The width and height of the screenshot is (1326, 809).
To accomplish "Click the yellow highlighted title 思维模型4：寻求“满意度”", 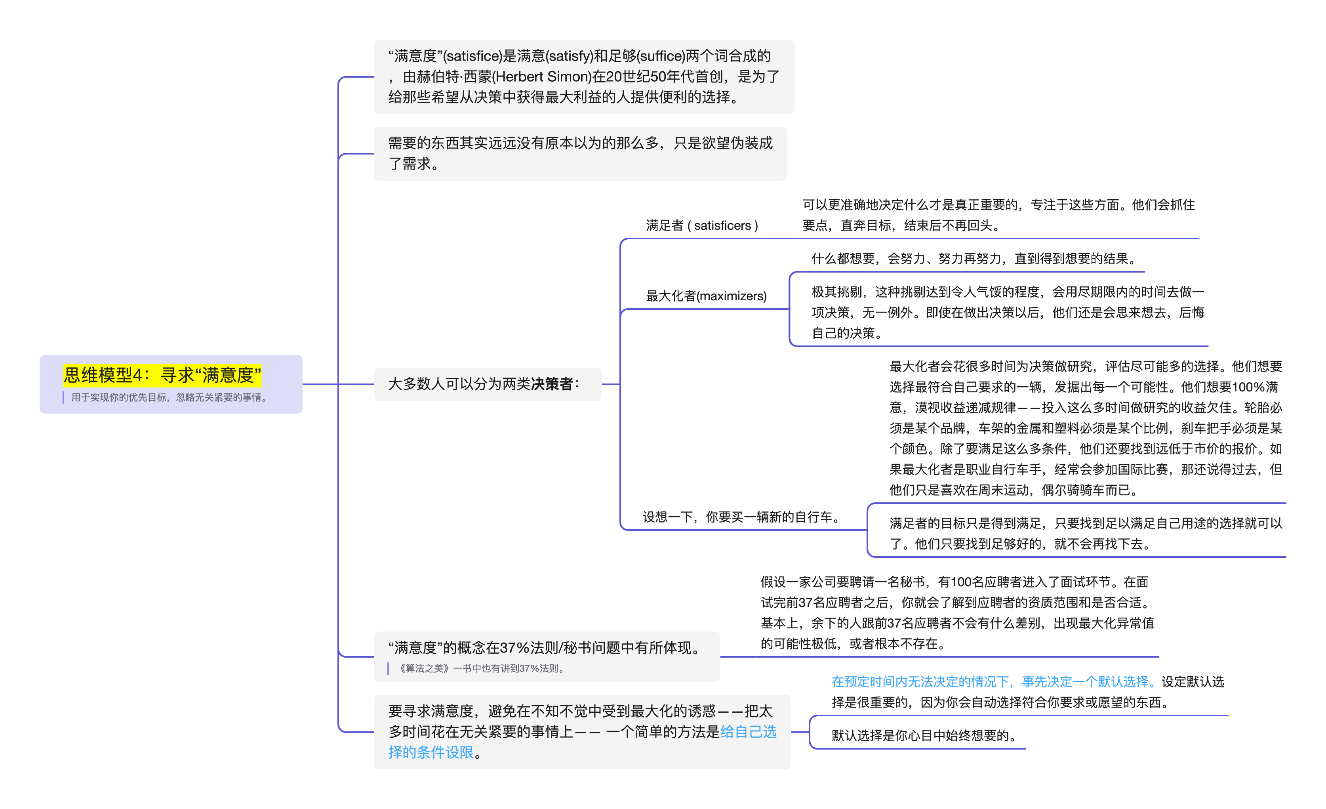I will tap(162, 375).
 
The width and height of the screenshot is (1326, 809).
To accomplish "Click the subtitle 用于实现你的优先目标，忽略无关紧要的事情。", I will tap(169, 398).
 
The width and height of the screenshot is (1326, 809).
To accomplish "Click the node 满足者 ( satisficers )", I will tap(702, 225).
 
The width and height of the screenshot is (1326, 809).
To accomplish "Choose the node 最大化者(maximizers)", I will tap(706, 296).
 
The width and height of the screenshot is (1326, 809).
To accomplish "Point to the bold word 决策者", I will tap(552, 384).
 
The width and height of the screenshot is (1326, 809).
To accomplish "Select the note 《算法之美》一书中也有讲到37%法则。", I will tap(481, 668).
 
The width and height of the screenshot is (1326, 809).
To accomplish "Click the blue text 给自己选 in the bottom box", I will tap(748, 732).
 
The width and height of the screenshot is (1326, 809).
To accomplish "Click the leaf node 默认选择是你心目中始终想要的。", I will tap(924, 736).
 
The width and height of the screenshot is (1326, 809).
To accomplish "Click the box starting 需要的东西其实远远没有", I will tap(580, 153).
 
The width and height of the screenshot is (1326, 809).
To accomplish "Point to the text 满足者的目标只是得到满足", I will tap(969, 523).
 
